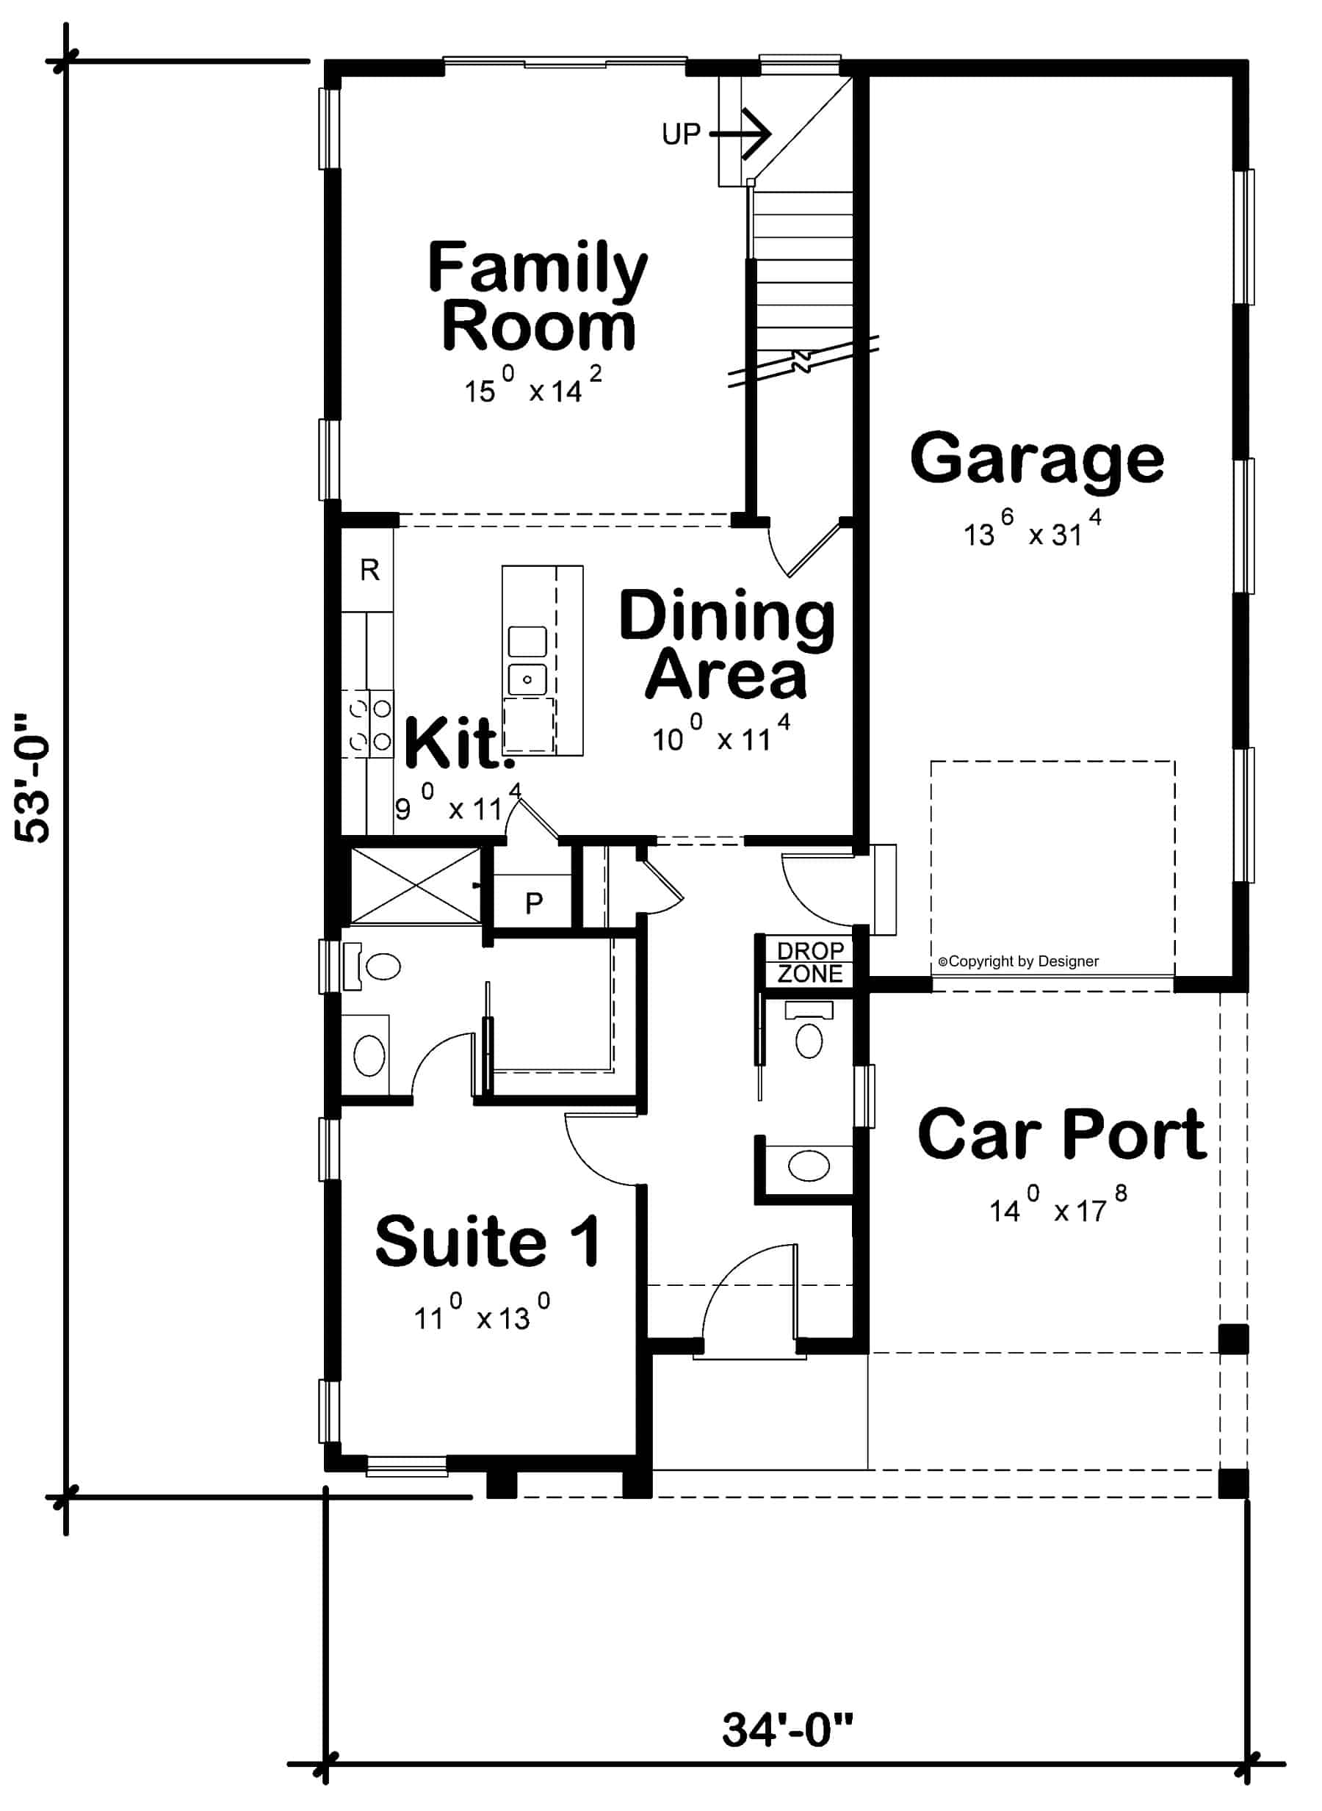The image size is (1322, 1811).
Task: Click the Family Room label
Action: (537, 297)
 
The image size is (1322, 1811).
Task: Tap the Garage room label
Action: (1037, 458)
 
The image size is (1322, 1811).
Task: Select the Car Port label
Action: (1061, 1135)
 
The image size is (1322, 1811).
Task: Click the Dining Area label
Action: (726, 645)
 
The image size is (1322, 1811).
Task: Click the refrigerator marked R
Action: (369, 571)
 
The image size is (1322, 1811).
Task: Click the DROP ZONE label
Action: (810, 963)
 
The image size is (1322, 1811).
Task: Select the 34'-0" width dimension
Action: (787, 1730)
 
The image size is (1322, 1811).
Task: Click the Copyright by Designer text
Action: (1018, 962)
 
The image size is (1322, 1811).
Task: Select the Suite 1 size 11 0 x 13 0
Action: (481, 1315)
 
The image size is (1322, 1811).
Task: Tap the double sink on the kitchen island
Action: (527, 661)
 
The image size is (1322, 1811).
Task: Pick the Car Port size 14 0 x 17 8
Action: (1058, 1210)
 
